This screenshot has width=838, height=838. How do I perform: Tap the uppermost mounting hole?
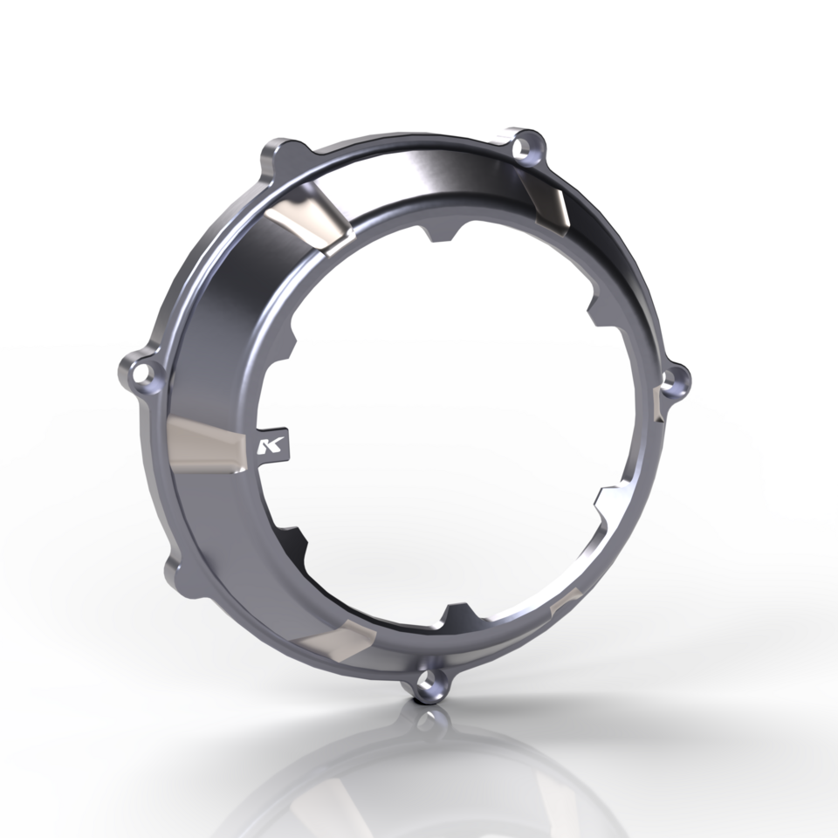[x=525, y=147]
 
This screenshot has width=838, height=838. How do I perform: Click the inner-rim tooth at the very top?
[x=444, y=234]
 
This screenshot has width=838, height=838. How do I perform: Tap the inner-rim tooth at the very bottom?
[x=455, y=614]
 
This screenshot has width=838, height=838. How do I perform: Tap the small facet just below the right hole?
[x=658, y=405]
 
